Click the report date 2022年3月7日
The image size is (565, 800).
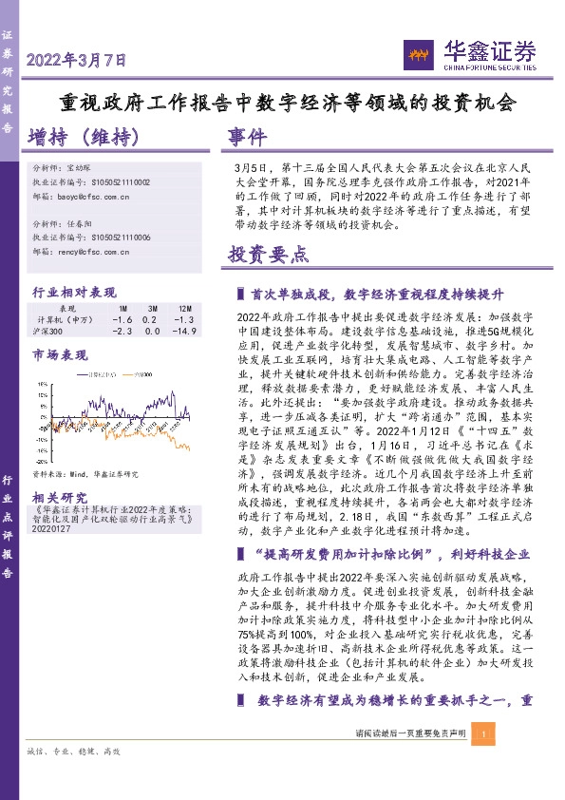pos(76,61)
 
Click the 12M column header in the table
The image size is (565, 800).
pos(184,309)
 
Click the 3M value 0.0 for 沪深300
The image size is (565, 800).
pos(152,331)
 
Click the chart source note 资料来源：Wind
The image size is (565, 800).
pos(85,472)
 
